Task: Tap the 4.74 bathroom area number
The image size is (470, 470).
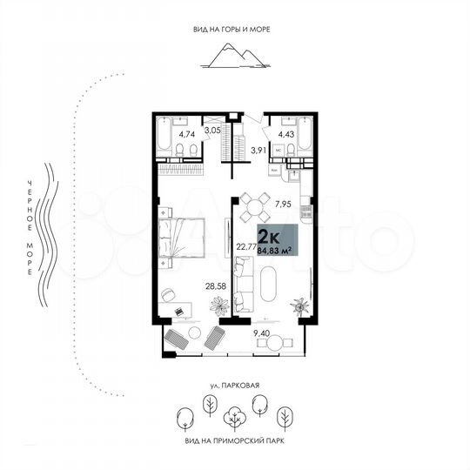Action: pos(187,135)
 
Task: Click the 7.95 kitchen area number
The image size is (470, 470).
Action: pos(283,205)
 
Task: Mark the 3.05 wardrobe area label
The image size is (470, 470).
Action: pos(212,131)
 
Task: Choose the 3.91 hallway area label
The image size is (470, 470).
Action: pos(258,151)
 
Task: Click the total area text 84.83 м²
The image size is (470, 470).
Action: pos(275,249)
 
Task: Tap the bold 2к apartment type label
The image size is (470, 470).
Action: pos(270,234)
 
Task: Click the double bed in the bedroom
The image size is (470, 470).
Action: pos(185,237)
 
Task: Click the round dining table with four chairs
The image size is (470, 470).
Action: pos(255,208)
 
